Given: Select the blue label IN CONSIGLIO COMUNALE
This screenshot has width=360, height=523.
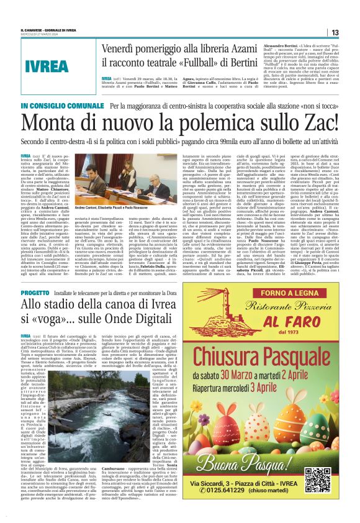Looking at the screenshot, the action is click(54, 106).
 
